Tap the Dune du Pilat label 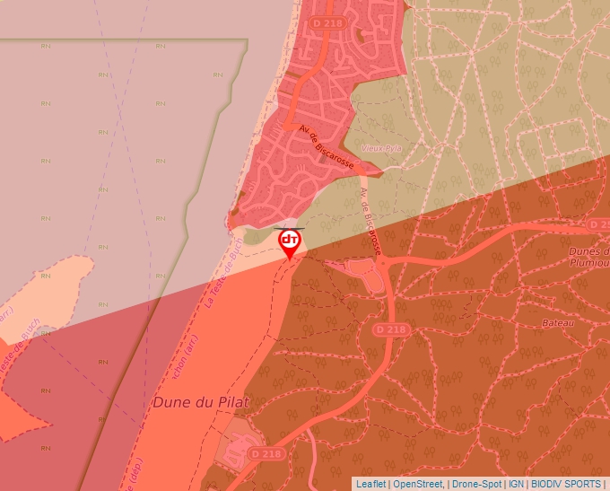200,402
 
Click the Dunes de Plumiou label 589,258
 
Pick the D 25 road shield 598,224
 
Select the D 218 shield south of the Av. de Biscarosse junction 390,330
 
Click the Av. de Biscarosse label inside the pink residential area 327,148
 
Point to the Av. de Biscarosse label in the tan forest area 370,223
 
